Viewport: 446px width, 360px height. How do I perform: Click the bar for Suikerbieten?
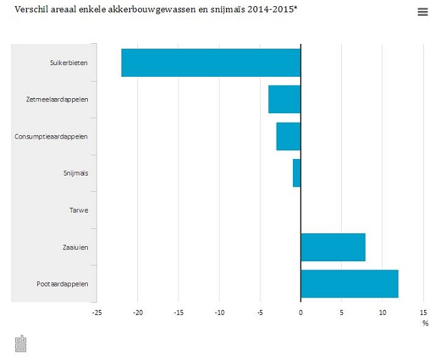[211, 62]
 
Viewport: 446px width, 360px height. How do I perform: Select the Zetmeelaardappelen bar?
[284, 99]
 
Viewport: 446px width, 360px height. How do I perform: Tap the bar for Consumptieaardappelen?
[288, 136]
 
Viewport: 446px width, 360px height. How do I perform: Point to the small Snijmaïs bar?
[296, 173]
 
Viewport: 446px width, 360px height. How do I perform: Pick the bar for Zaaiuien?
[333, 247]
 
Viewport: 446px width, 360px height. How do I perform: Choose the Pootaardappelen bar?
[349, 284]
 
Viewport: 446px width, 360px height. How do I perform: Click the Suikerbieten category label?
[69, 62]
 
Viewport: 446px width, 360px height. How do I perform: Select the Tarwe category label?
[78, 210]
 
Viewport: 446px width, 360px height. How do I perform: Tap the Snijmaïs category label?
[75, 173]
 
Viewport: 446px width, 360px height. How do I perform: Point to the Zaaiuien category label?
[75, 247]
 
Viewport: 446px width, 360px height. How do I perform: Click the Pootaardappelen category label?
[62, 284]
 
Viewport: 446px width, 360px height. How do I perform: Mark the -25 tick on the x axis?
[97, 313]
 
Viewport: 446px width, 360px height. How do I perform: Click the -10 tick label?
[219, 313]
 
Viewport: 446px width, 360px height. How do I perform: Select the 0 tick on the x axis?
[301, 313]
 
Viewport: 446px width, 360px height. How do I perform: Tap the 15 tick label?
[423, 313]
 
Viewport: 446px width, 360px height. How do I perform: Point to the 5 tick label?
[342, 313]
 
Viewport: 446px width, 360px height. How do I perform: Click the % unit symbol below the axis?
[425, 323]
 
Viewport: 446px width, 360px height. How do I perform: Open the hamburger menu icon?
[422, 12]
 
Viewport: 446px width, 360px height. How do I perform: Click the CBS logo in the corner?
[21, 344]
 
